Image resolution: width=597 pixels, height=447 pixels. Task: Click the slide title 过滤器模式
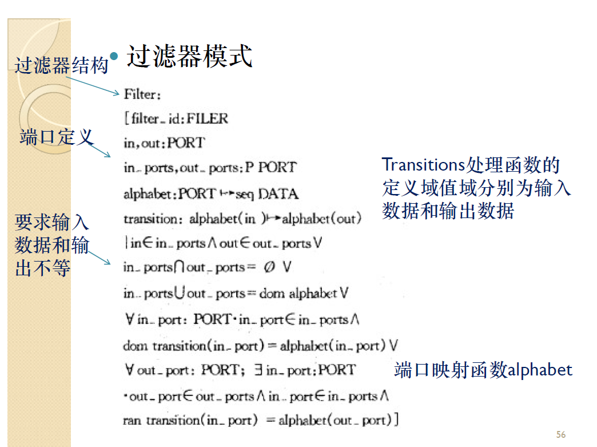pos(189,57)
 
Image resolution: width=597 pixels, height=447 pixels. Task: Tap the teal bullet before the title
pos(113,56)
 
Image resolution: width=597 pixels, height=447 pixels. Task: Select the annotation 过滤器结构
pos(61,66)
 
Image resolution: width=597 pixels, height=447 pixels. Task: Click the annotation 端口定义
pos(55,137)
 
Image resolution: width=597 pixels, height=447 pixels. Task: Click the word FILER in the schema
pos(207,119)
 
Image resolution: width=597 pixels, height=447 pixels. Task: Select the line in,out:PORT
pos(164,143)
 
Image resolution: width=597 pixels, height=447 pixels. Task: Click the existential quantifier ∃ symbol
pos(258,370)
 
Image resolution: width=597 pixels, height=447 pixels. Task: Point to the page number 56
pos(560,434)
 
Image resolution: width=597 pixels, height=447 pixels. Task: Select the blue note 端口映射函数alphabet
pos(483,370)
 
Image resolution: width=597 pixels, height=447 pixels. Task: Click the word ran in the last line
pos(132,421)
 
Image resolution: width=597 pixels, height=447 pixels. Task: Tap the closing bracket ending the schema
pos(396,421)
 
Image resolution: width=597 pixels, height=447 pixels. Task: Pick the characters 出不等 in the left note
pos(43,268)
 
